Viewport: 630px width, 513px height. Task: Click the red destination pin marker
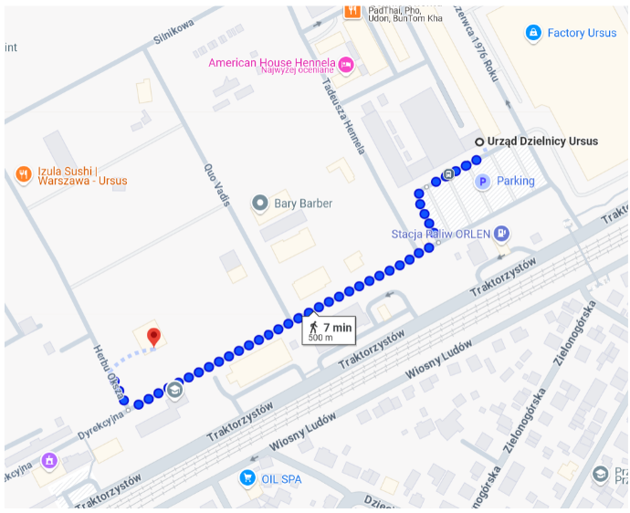point(154,337)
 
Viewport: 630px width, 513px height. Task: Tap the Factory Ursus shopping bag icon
point(533,33)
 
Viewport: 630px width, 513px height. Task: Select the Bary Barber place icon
point(260,203)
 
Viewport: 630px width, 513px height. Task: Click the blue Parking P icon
point(483,182)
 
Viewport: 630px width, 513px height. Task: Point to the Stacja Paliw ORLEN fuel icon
point(501,234)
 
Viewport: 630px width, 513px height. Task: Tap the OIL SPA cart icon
point(246,477)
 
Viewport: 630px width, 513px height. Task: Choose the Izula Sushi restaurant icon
point(24,173)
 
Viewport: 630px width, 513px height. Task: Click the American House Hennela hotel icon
point(345,63)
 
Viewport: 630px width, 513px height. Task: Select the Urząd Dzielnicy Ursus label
point(542,141)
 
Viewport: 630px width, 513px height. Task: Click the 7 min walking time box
point(329,330)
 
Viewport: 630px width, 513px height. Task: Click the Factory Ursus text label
point(582,33)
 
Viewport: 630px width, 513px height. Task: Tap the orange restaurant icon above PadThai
point(352,12)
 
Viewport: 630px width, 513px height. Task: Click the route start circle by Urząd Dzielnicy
point(478,141)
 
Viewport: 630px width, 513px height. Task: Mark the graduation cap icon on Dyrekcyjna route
point(174,390)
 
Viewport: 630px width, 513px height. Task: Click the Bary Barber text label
point(304,203)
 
